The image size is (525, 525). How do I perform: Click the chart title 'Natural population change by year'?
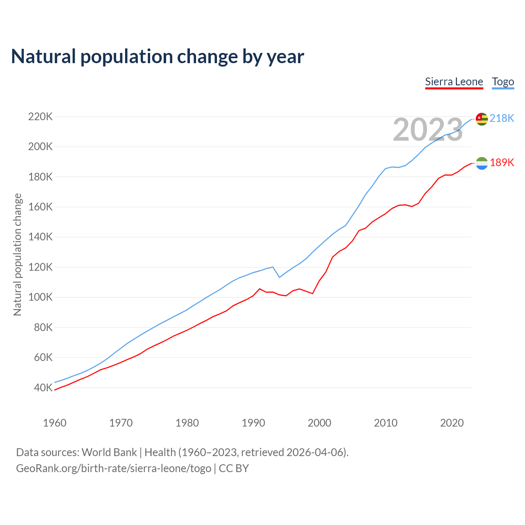157,57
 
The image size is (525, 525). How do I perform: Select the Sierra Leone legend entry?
454,82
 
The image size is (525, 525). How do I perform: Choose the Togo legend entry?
503,82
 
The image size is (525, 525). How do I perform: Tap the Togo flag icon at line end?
482,119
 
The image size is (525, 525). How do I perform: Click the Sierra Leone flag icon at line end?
482,163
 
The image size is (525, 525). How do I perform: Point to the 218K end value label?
502,118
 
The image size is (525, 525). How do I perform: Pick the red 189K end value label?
502,162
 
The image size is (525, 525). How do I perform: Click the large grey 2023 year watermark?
428,130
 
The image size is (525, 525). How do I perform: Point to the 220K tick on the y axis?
40,117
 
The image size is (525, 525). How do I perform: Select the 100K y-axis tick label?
40,297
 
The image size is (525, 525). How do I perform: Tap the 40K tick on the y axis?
43,388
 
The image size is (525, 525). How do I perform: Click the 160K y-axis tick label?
40,207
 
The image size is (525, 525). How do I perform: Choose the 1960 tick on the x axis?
55,423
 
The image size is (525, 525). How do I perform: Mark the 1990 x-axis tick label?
253,423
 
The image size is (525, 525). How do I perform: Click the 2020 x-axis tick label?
452,423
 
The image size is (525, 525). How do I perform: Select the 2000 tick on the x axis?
320,423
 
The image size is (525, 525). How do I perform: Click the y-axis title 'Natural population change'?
17,254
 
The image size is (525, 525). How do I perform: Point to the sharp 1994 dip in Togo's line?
279,277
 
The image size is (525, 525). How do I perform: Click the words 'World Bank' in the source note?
109,452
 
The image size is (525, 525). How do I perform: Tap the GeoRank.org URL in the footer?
114,468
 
